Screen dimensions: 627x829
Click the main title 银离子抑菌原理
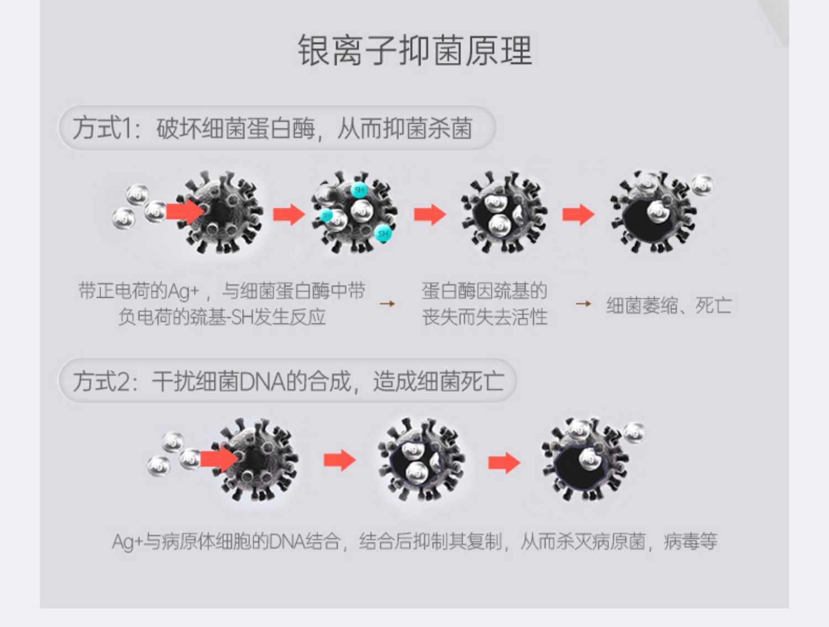click(414, 51)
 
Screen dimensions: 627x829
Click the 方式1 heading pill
click(276, 128)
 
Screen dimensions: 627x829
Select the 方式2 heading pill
click(287, 381)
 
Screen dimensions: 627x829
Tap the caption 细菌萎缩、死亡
click(669, 305)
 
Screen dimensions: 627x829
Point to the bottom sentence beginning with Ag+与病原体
click(414, 541)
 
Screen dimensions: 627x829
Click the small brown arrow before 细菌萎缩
click(583, 304)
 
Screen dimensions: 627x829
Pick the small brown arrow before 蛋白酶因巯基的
click(387, 304)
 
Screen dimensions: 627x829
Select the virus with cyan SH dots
click(354, 213)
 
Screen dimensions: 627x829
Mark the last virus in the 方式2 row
click(585, 460)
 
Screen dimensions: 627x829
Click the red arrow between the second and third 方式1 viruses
click(429, 214)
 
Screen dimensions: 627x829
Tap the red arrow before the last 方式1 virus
click(578, 214)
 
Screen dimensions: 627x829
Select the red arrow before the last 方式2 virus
click(504, 462)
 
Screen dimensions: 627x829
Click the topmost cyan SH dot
click(359, 190)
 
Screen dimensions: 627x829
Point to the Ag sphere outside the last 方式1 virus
click(703, 185)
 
